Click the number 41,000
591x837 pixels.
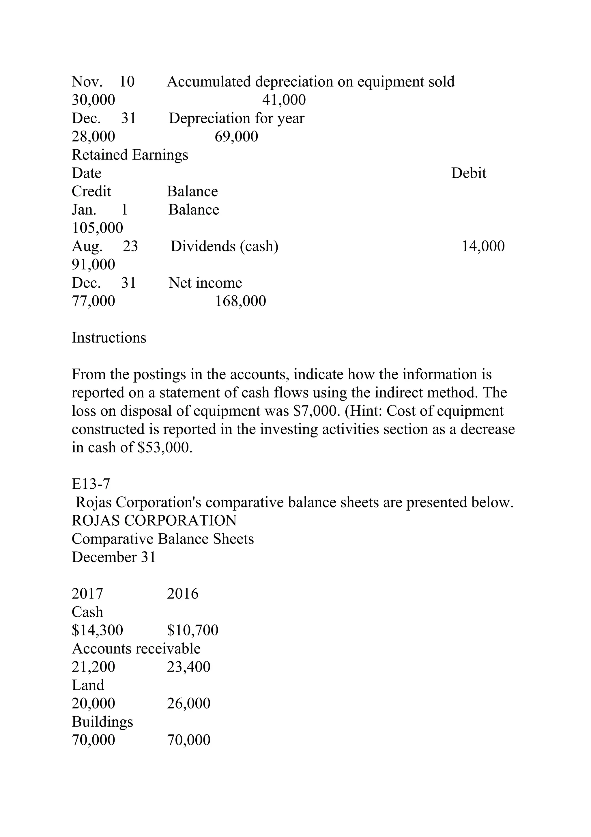[x=284, y=100]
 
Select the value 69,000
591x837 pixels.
[x=236, y=136]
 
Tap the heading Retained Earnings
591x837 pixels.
[x=130, y=155]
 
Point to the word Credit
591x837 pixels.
[x=91, y=191]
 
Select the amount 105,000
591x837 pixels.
[x=97, y=228]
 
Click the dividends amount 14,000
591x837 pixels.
[x=483, y=246]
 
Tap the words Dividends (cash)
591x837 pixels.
[x=224, y=246]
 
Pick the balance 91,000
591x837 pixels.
[x=93, y=264]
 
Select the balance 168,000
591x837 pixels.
[x=240, y=301]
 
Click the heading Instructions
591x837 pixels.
[x=109, y=338]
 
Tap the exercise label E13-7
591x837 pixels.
[x=91, y=484]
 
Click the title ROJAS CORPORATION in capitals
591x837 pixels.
[x=154, y=520]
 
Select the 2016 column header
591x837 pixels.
[x=182, y=594]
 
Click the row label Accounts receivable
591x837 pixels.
[x=136, y=648]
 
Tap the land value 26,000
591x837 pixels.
[x=189, y=703]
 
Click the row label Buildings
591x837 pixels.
[x=102, y=722]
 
